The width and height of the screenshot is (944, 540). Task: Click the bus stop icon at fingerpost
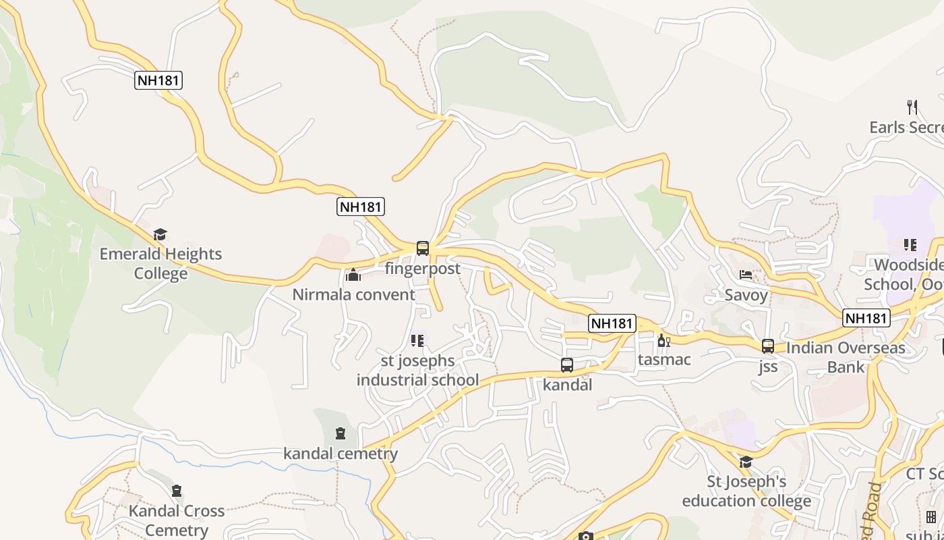[x=423, y=248]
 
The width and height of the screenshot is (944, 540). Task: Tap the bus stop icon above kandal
[x=567, y=365]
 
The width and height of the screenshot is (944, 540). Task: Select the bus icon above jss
[x=768, y=346]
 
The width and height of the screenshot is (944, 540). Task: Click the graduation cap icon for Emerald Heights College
[x=160, y=234]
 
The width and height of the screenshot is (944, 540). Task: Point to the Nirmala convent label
[x=353, y=295]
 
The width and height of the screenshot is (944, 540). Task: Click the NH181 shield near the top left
[x=158, y=80]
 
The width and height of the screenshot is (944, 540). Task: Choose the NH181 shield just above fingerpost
[x=361, y=207]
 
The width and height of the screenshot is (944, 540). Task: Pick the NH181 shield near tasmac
[x=612, y=323]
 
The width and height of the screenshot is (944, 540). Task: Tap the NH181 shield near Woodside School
[x=866, y=318]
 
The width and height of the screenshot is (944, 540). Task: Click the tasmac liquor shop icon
[x=663, y=340]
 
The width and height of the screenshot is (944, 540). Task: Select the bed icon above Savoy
[x=746, y=275]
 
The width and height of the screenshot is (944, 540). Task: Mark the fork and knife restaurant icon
[x=912, y=107]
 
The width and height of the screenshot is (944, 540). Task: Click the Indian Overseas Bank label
[x=846, y=358]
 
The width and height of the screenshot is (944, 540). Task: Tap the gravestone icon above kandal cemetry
[x=341, y=433]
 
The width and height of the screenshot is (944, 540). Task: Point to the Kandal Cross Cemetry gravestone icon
[x=177, y=491]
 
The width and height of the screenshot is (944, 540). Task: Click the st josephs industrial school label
[x=417, y=371]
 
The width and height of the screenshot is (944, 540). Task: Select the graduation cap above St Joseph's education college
[x=746, y=462]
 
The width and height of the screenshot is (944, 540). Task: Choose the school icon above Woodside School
[x=910, y=244]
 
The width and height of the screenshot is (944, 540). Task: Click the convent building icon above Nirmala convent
[x=353, y=275]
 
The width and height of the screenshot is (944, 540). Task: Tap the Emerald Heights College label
[x=160, y=263]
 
